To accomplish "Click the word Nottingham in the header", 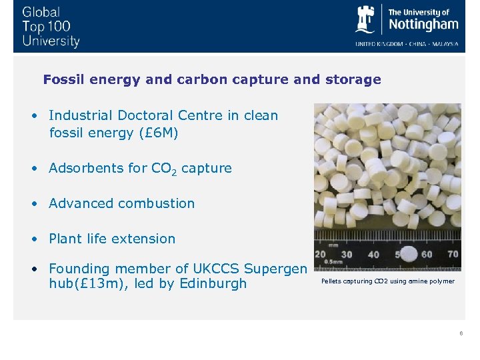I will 423,25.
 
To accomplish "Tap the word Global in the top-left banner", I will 41,12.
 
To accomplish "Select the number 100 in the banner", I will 58,27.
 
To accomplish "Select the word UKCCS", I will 217,269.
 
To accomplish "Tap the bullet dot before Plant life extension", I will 33,239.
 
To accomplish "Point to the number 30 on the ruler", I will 347,254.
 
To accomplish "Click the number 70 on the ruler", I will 453,254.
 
